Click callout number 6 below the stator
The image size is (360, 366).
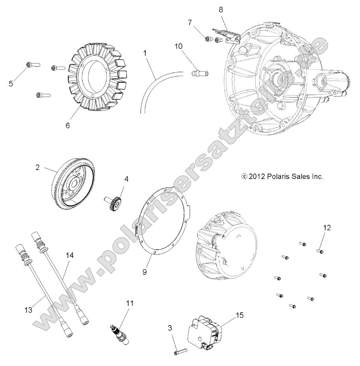67,125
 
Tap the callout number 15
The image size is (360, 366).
240,315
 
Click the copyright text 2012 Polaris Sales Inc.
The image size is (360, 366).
282,176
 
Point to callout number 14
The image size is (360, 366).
69,256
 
